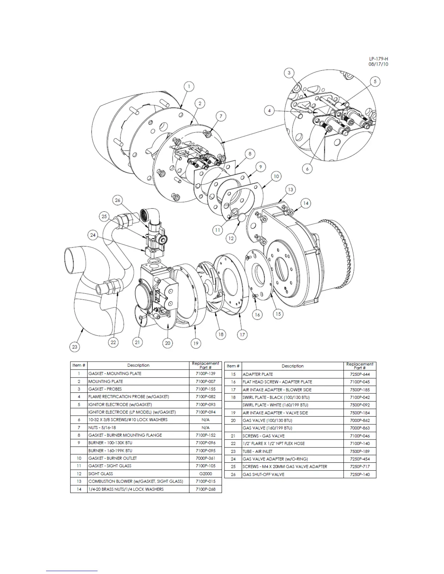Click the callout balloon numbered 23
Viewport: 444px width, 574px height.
(x=75, y=347)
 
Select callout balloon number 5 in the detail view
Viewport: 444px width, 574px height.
(x=375, y=82)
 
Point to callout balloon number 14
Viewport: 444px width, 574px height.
(x=305, y=203)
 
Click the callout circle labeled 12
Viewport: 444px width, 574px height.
(x=231, y=238)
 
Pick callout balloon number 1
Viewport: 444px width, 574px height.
(x=188, y=87)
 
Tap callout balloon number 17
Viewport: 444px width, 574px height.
(x=242, y=334)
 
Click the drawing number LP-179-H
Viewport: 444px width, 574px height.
(x=378, y=59)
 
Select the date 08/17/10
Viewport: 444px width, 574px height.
(x=378, y=64)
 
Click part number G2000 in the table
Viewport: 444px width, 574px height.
(x=205, y=474)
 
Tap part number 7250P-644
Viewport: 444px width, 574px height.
(x=359, y=374)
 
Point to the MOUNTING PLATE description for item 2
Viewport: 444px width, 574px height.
(x=106, y=381)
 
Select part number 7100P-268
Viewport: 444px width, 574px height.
(x=205, y=489)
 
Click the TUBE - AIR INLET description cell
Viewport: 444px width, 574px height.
(x=258, y=451)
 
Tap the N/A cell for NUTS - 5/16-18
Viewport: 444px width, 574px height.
(x=205, y=428)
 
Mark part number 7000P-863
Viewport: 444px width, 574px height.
(x=359, y=428)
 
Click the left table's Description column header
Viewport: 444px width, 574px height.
(x=138, y=365)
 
